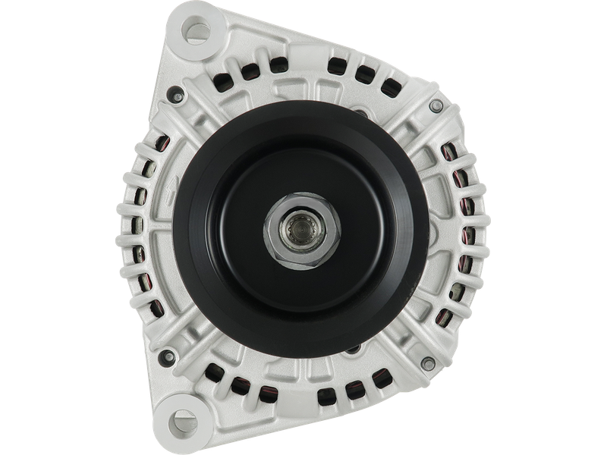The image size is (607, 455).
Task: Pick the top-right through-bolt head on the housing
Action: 434,105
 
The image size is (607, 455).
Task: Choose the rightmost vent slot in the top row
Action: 391,84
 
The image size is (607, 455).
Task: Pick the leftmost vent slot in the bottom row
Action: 217,372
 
